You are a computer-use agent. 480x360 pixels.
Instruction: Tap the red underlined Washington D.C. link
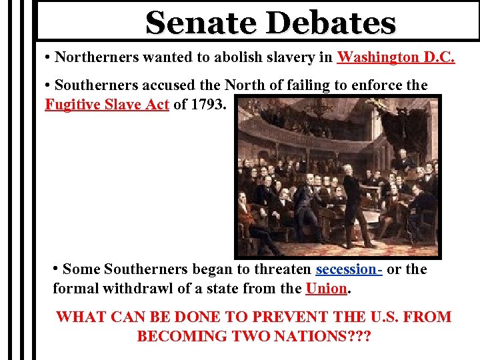(396, 57)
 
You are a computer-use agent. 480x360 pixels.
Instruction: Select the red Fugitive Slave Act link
(107, 104)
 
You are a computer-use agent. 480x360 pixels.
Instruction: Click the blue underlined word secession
(348, 269)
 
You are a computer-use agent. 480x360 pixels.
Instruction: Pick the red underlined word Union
(326, 289)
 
